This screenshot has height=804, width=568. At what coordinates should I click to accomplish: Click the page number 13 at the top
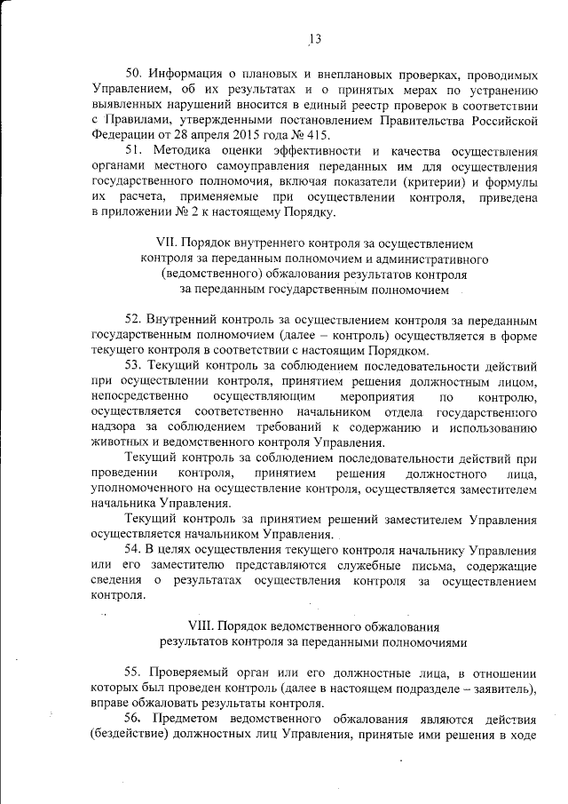point(314,38)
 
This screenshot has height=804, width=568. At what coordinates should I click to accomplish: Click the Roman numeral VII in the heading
point(167,243)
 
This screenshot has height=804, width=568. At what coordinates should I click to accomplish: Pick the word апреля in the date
point(181,135)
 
